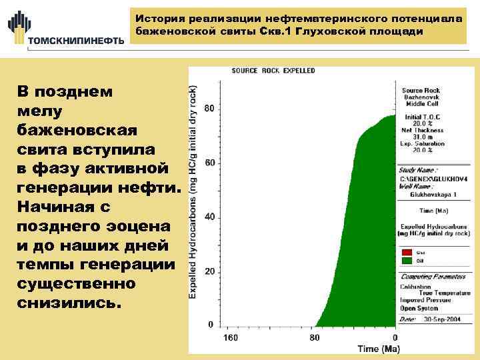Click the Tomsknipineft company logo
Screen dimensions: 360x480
[65, 27]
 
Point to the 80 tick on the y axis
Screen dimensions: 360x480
[209, 109]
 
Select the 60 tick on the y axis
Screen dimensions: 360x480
[209, 163]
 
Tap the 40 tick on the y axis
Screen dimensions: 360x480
[209, 217]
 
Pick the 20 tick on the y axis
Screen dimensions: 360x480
[209, 271]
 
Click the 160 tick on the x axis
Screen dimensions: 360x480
[231, 337]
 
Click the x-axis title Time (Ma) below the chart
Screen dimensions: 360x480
[378, 348]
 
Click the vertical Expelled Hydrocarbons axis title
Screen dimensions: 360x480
[193, 190]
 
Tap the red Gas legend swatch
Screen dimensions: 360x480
[407, 253]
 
